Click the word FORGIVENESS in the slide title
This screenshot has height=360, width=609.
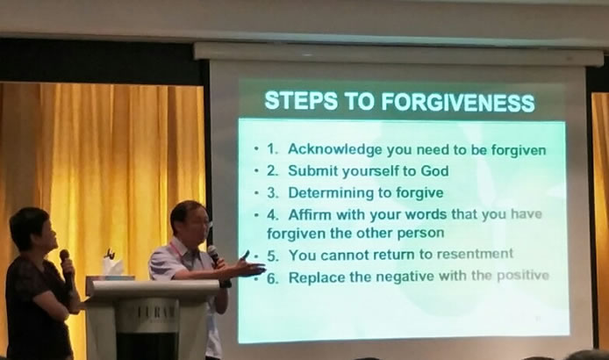[x=457, y=102]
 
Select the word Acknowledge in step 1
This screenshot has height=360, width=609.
[x=335, y=149]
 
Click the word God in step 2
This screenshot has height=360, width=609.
[x=435, y=170]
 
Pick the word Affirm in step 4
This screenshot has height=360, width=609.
[x=310, y=214]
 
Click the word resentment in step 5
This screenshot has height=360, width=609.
[x=475, y=254]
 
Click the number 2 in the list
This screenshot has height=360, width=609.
[x=271, y=171]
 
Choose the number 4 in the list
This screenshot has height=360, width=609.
[x=271, y=214]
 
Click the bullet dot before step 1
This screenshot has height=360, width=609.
[x=256, y=149]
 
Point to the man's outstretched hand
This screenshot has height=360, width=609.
[x=247, y=266]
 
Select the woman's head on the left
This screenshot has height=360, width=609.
[x=33, y=230]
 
